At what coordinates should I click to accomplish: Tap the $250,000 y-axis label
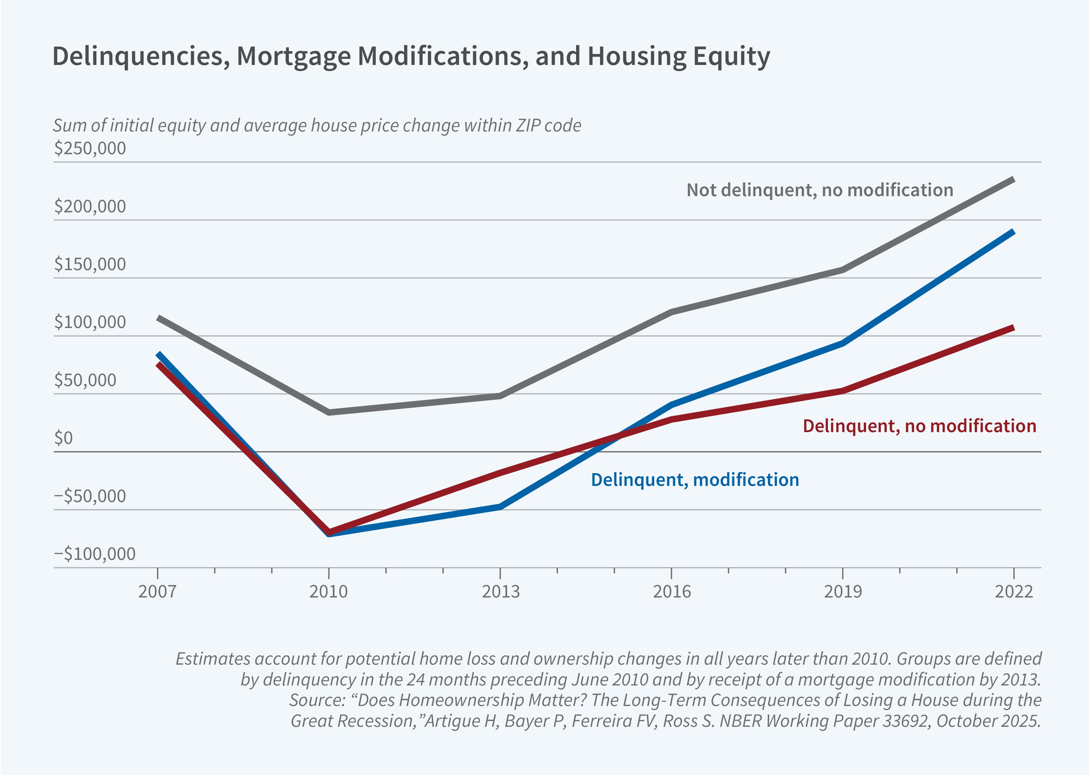(x=90, y=148)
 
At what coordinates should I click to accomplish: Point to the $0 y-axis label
(x=63, y=438)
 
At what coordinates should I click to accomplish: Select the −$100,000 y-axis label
(x=95, y=554)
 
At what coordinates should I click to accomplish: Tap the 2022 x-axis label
(x=1013, y=592)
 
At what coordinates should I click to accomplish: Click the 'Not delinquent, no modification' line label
(x=820, y=190)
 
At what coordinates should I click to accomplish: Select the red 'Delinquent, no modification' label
(x=919, y=426)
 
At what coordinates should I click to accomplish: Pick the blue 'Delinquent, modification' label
(x=695, y=480)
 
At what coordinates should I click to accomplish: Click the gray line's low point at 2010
(x=329, y=412)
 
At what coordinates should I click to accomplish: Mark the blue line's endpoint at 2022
(x=1013, y=232)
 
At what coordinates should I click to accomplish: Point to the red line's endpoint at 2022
(x=1013, y=327)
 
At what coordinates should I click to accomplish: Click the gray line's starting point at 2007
(x=158, y=317)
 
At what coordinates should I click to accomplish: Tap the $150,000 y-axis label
(x=90, y=264)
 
